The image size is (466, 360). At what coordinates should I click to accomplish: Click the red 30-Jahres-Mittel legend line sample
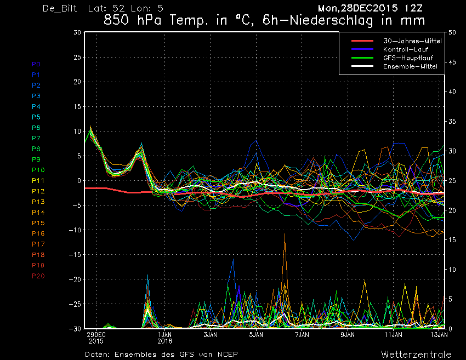(x=362, y=41)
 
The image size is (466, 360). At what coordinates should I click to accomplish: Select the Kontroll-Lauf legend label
(x=406, y=50)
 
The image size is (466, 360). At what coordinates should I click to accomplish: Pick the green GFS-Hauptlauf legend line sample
(x=362, y=58)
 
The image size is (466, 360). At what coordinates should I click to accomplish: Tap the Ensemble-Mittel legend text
(x=410, y=66)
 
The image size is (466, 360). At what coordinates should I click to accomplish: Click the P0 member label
(x=36, y=64)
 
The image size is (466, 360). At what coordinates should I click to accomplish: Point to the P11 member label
(x=38, y=181)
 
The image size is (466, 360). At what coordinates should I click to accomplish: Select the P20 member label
(x=38, y=276)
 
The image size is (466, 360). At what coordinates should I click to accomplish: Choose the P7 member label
(x=36, y=138)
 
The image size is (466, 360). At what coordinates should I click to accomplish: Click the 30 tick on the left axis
(x=77, y=32)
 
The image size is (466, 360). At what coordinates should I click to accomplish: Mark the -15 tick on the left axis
(x=75, y=255)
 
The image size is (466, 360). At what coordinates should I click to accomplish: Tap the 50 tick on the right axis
(x=452, y=32)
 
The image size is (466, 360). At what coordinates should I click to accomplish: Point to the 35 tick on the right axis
(x=452, y=122)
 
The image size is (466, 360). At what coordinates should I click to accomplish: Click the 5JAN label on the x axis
(x=256, y=335)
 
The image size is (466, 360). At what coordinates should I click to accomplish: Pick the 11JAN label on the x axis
(x=394, y=335)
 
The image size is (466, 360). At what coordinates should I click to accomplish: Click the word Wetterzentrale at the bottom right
(x=416, y=355)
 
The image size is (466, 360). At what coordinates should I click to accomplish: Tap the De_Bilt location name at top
(x=60, y=8)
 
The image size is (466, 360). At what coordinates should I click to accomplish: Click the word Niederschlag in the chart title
(x=331, y=20)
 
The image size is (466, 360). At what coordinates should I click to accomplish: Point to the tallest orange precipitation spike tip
(x=285, y=234)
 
